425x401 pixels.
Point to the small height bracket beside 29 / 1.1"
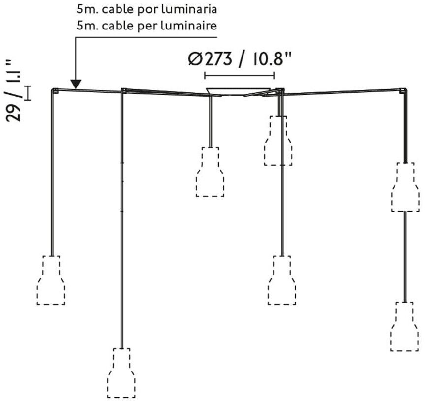click(28, 93)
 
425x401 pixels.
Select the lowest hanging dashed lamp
click(121, 372)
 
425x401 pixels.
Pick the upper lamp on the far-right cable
click(405, 187)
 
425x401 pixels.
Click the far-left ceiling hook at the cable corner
click(55, 90)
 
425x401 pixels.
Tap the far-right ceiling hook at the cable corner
click(403, 91)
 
